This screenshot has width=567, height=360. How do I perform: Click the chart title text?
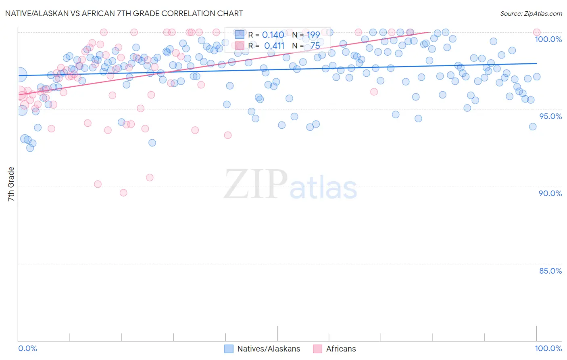point(124,13)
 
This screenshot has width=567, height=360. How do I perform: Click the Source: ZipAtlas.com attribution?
point(531,13)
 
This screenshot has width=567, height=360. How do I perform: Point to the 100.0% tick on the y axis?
point(548,39)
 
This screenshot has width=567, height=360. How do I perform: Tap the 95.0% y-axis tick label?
point(550,116)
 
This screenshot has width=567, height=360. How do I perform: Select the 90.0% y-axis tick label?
point(550,193)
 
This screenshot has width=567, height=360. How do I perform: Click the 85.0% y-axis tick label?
point(550,271)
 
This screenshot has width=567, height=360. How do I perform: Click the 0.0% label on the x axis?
point(28,348)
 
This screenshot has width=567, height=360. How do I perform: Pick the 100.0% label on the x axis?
point(548,348)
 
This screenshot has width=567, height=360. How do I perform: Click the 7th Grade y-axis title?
point(11,184)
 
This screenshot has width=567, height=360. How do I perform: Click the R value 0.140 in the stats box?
point(273,35)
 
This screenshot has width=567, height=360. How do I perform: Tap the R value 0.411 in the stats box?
point(274,46)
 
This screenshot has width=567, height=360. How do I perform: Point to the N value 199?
point(313,35)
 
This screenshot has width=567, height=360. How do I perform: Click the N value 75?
point(315,46)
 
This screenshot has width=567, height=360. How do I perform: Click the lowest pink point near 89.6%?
point(123,193)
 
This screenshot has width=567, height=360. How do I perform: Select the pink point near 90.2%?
point(98,184)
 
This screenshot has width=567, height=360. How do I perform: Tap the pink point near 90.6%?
point(150,178)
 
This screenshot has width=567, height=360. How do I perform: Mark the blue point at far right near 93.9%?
point(533,127)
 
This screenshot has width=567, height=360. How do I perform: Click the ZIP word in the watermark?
point(256,185)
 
